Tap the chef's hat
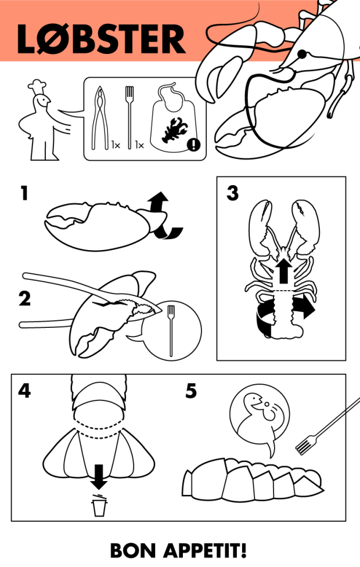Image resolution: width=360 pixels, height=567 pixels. (38, 85)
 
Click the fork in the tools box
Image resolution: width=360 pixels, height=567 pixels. (129, 116)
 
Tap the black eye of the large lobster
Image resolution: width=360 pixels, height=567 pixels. (302, 55)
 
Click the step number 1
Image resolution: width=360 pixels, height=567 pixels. (23, 193)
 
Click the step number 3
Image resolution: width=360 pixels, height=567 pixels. (232, 193)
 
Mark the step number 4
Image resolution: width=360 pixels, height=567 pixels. (24, 391)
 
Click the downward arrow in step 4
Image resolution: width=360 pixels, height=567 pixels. (99, 475)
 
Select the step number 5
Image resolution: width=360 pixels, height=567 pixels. (191, 391)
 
